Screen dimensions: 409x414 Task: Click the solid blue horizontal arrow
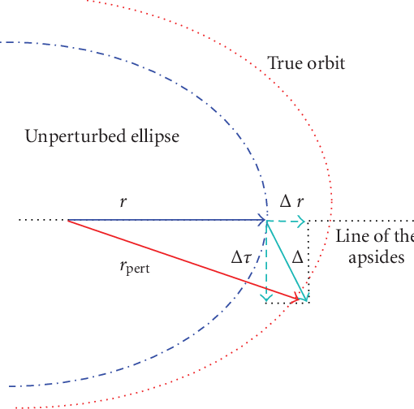click(x=162, y=220)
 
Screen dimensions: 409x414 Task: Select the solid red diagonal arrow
click(x=179, y=258)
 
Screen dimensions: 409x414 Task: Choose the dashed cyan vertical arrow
click(x=265, y=260)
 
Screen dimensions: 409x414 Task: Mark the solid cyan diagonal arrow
click(x=287, y=260)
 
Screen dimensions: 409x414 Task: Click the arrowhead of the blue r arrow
click(x=261, y=220)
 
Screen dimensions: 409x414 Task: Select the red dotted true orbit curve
click(x=323, y=146)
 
